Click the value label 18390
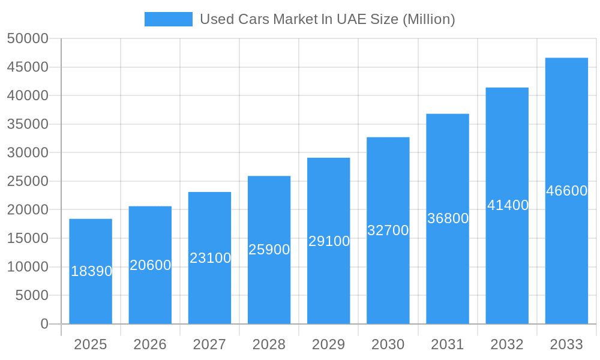92,271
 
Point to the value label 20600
151,265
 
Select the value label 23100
211,258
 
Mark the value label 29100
329,241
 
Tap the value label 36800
448,218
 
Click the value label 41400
508,205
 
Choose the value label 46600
566,191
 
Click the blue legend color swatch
169,19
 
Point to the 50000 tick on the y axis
28,38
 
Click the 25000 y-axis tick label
28,181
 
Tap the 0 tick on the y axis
44,324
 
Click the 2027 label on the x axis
209,344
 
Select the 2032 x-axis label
507,344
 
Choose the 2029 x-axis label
329,344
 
